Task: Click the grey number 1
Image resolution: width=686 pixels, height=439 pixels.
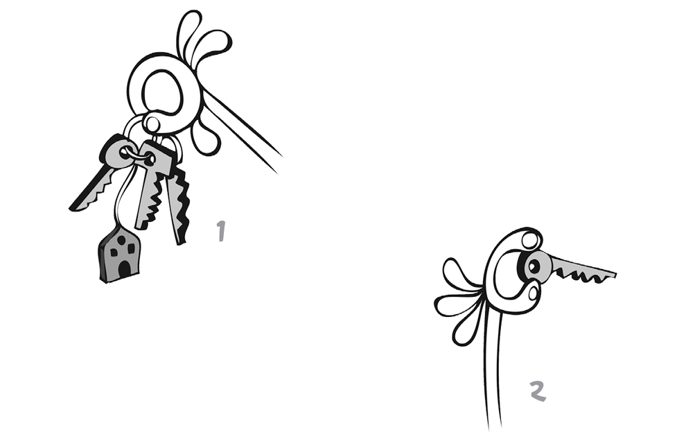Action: coord(221,231)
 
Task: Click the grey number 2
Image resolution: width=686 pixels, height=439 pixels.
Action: coord(538,391)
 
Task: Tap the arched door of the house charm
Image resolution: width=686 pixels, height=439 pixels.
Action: coord(125,268)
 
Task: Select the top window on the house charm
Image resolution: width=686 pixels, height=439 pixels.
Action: coord(121,239)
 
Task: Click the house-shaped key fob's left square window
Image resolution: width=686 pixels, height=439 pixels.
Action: coord(114,252)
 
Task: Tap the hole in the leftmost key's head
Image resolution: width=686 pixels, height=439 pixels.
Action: coord(125,153)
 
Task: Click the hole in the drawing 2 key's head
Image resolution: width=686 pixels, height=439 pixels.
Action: coord(534,266)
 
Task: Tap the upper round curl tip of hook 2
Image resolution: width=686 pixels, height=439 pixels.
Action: coord(530,240)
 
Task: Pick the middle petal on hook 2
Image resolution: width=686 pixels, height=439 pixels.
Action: coord(456,304)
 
